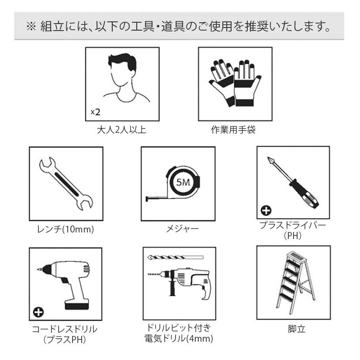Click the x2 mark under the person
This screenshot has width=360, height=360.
(95, 112)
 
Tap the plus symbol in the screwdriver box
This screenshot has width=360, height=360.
(264, 212)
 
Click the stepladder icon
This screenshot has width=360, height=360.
(293, 282)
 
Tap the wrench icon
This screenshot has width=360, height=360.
(66, 183)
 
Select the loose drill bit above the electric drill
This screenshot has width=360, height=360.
(175, 256)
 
